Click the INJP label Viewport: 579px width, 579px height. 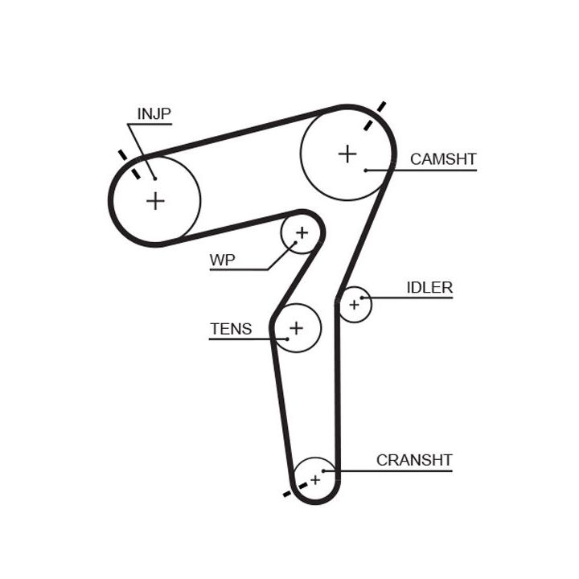[x=154, y=114]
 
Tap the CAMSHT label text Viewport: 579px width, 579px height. [x=442, y=159]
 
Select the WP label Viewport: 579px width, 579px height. [x=222, y=261]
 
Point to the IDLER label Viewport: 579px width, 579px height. [x=429, y=288]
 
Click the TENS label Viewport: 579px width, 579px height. [x=231, y=329]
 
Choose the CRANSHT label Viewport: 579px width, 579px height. [x=414, y=461]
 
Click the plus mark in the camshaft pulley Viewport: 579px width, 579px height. [x=347, y=154]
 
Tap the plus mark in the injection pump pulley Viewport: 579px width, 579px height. [x=155, y=200]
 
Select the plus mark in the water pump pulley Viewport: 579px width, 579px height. [x=302, y=233]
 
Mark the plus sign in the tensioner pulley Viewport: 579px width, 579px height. [x=297, y=327]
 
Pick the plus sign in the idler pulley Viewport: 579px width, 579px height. [x=354, y=304]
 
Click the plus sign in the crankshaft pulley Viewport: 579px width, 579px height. [x=315, y=479]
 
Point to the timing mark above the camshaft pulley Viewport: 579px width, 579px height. [x=375, y=115]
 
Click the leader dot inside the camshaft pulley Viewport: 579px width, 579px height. [x=366, y=170]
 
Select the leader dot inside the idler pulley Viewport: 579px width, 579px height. [x=363, y=298]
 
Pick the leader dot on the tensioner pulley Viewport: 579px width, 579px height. [x=286, y=339]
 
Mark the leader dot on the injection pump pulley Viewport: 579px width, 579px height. [x=154, y=179]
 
